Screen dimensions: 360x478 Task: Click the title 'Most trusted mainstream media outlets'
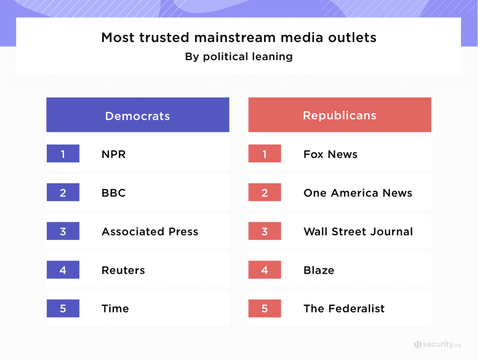pos(239,37)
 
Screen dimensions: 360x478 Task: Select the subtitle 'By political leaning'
pos(239,57)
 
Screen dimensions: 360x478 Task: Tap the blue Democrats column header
pos(138,116)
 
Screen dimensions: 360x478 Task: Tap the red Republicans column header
pos(339,115)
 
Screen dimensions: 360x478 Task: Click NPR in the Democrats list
pos(113,154)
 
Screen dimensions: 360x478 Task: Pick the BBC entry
pos(113,193)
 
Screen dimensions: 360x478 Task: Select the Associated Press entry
pos(150,232)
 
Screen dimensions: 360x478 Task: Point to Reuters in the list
pos(123,270)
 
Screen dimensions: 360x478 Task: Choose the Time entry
pos(115,309)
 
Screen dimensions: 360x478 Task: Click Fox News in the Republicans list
pos(330,154)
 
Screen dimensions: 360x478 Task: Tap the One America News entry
pos(358,193)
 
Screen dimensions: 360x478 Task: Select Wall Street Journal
pos(358,232)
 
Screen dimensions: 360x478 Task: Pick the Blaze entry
pos(318,270)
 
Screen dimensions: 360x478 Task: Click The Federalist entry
pos(344,309)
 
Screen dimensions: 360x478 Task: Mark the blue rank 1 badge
pos(63,154)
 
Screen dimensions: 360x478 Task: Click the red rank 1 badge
pos(265,154)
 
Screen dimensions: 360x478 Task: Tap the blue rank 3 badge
pos(63,231)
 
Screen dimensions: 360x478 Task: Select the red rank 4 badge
pos(265,270)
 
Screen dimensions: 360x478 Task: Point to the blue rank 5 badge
pos(63,308)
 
